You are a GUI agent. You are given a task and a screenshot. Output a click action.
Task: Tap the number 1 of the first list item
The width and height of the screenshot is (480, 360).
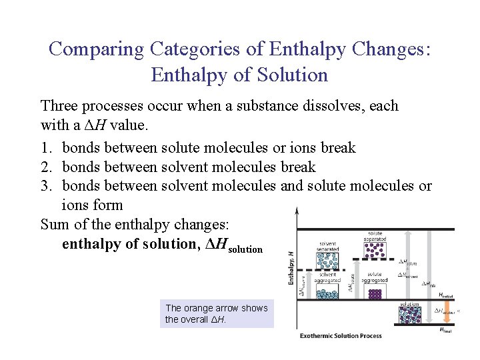pos(45,147)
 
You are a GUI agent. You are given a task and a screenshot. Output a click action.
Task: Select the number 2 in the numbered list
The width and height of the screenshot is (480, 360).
pos(45,167)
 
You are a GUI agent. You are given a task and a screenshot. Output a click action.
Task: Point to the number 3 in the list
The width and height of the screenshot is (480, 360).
pos(45,186)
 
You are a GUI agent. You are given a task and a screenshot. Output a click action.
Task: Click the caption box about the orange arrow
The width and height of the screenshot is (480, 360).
pos(217,313)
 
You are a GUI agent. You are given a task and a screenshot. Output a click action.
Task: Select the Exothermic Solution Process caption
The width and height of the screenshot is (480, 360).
pos(341,335)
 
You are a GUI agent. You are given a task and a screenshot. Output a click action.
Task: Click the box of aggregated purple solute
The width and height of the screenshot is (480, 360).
pos(375,293)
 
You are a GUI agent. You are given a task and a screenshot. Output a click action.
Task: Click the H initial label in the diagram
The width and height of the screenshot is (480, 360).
pos(445,295)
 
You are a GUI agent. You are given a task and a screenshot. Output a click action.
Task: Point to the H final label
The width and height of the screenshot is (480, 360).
pos(445,329)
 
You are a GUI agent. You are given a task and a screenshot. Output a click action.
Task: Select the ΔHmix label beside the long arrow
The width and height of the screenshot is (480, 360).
pos(429,285)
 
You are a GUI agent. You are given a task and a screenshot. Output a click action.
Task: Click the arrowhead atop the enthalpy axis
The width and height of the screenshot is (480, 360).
pos(295,211)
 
